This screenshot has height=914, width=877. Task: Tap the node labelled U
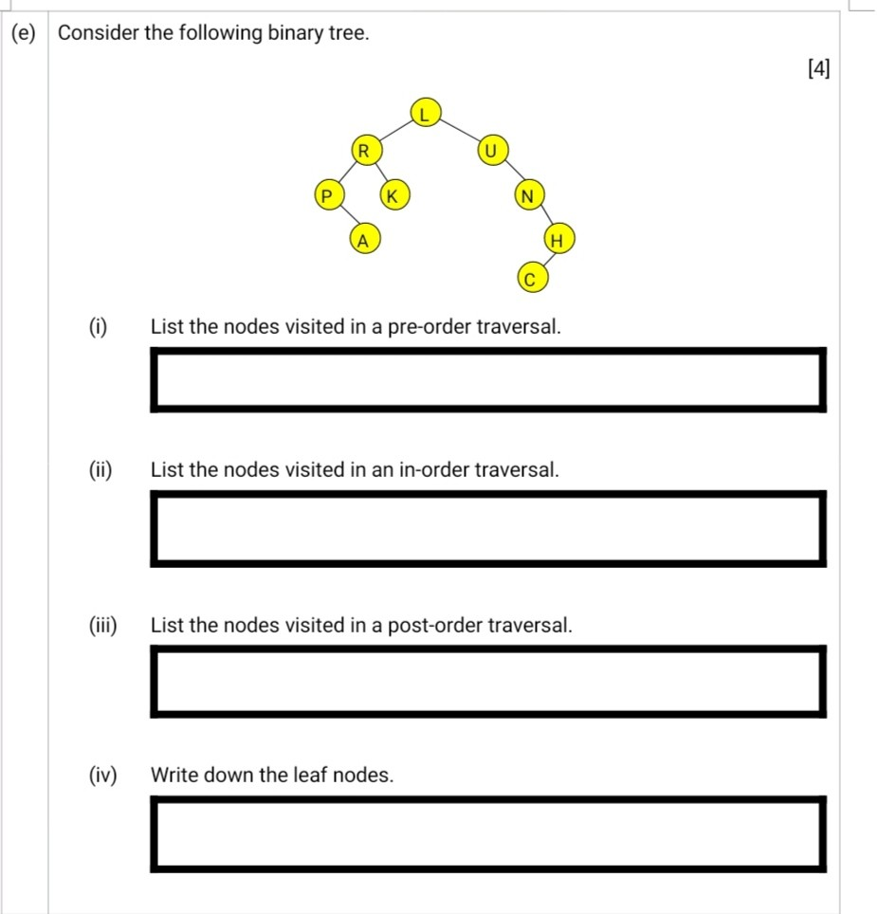point(491,150)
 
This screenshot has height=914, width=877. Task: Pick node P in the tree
point(327,196)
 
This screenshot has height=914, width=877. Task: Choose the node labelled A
point(362,240)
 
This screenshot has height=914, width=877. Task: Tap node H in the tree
point(558,241)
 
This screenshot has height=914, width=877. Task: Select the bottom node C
point(531,279)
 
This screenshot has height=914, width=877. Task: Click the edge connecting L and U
point(459,132)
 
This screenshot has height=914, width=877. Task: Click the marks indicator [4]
point(818,68)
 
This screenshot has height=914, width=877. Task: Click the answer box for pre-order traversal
point(487,380)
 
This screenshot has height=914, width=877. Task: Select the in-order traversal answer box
point(487,528)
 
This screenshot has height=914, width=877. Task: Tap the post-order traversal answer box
point(487,681)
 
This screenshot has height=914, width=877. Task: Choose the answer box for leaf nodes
point(487,833)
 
